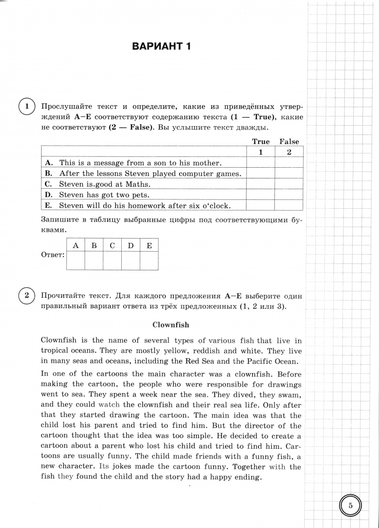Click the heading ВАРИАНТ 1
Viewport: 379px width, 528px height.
click(161, 47)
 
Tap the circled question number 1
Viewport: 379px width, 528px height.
click(27, 107)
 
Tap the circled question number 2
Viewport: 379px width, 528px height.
click(27, 295)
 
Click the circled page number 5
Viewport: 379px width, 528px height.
click(350, 506)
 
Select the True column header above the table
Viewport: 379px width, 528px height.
click(261, 142)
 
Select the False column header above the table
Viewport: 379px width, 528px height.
click(289, 142)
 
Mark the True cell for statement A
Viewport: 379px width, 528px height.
click(261, 163)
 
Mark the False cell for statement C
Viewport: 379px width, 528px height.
click(289, 184)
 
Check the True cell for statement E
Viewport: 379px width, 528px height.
click(261, 206)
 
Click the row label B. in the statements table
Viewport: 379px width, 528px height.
click(48, 174)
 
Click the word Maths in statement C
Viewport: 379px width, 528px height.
click(139, 184)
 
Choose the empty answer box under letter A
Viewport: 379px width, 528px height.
click(75, 261)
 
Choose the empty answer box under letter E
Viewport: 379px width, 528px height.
click(149, 261)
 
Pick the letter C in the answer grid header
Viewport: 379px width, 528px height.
click(112, 245)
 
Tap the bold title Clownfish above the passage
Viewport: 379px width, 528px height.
click(171, 325)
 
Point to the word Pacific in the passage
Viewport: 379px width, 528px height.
click(254, 361)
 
